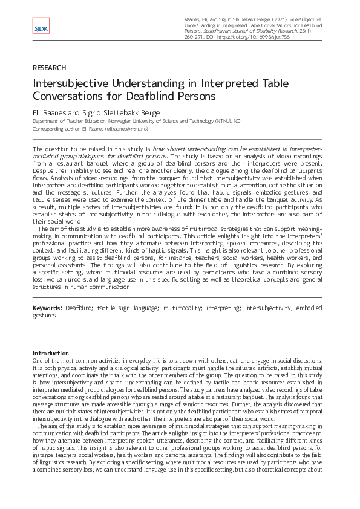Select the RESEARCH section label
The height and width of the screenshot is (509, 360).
pos(49,68)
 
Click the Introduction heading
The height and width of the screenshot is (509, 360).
pos(51,353)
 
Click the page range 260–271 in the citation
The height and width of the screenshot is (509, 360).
pos(197,37)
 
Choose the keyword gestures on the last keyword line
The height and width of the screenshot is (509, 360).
pos(44,315)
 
